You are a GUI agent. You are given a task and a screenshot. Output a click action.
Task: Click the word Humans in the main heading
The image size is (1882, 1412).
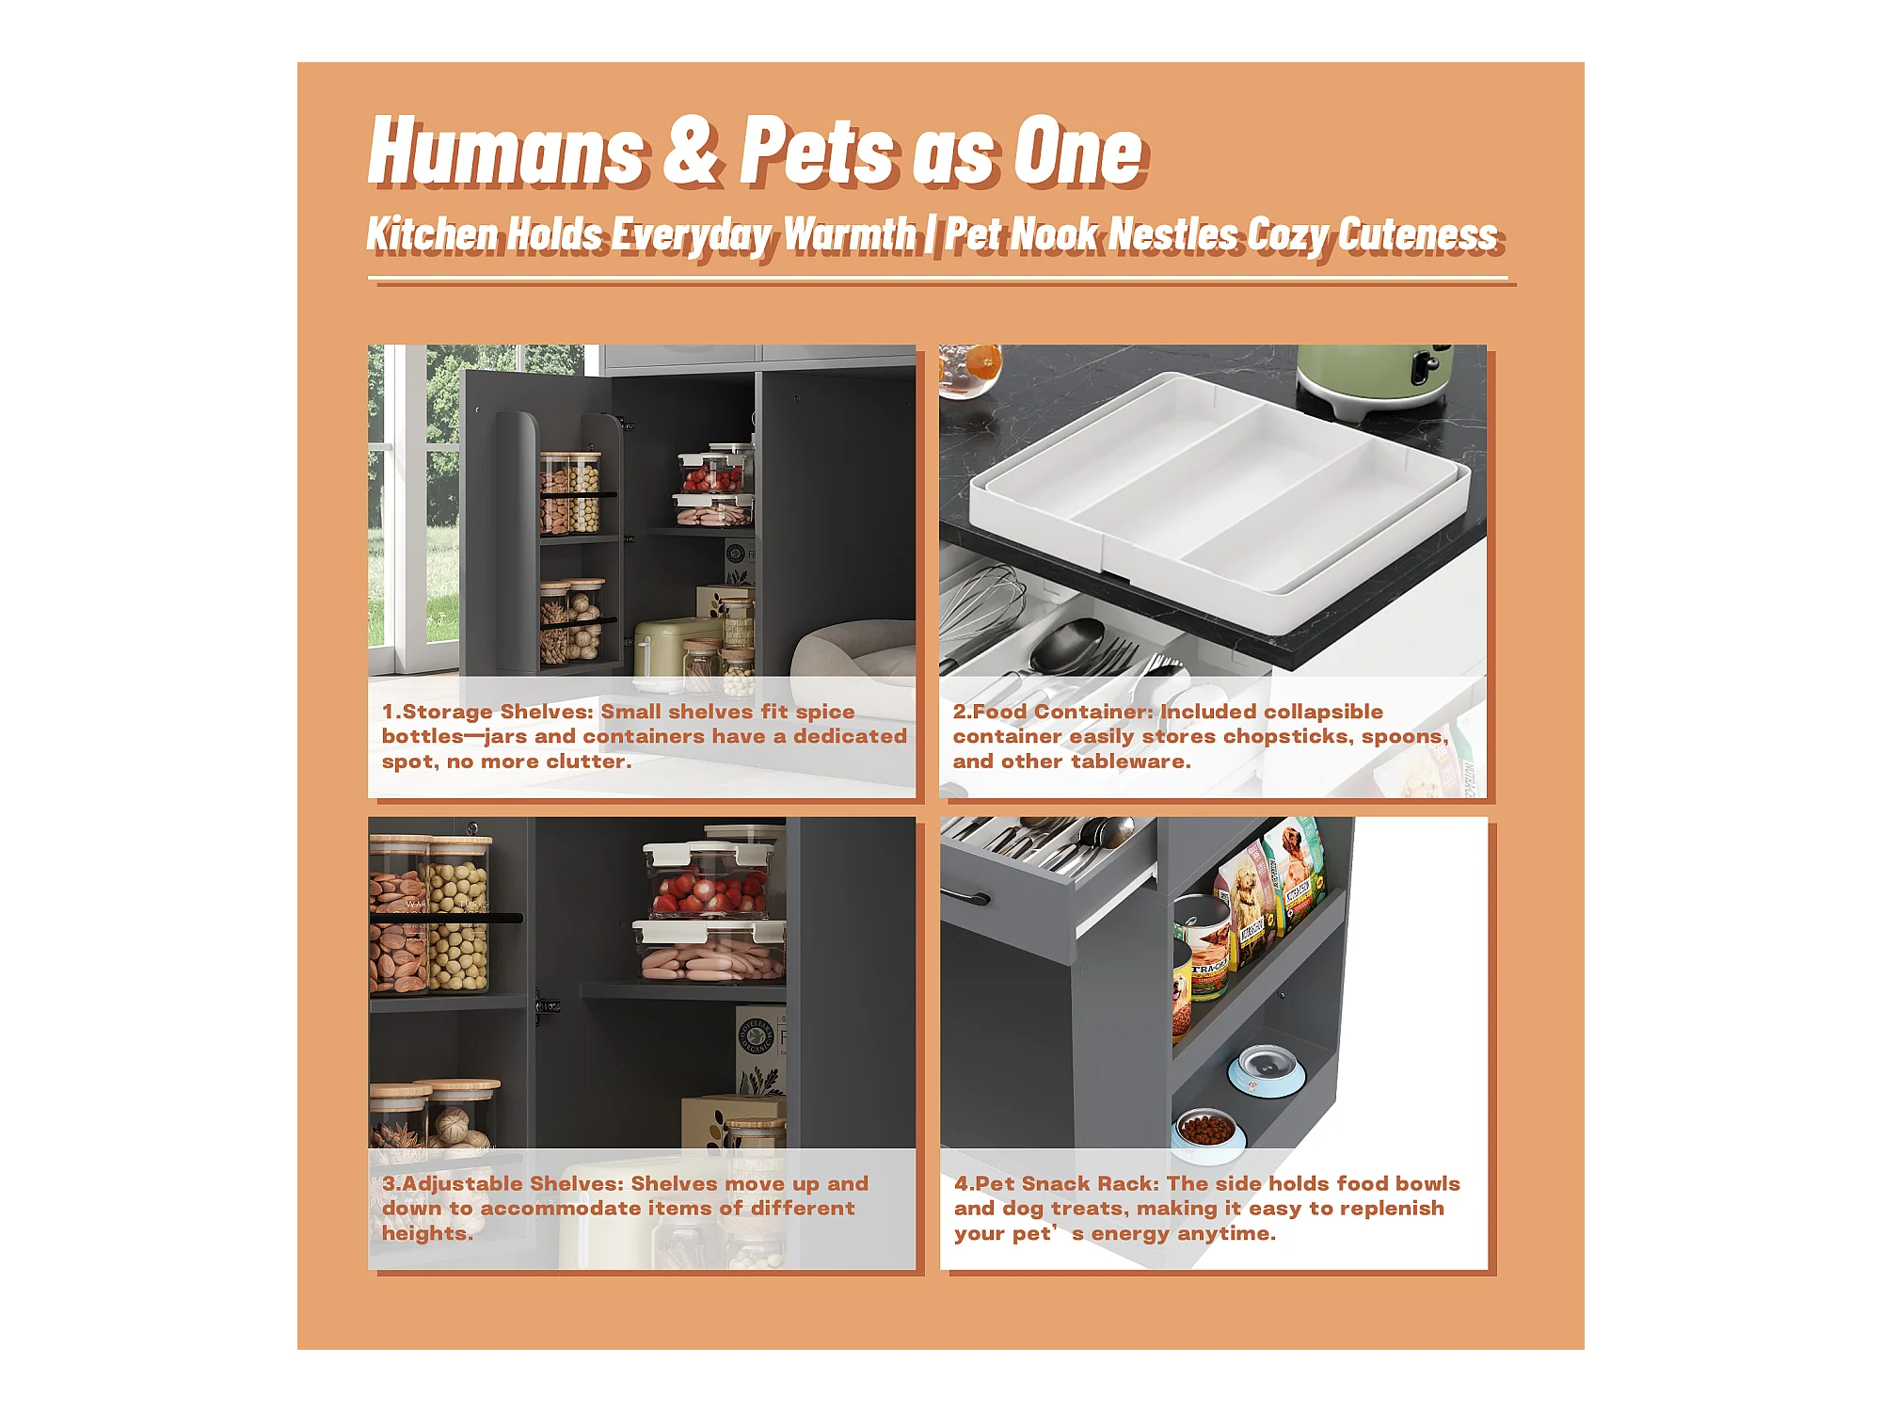point(506,151)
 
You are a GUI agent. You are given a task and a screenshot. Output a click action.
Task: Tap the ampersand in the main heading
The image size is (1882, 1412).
point(693,151)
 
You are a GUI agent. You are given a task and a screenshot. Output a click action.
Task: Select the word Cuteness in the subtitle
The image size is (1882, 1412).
point(1417,233)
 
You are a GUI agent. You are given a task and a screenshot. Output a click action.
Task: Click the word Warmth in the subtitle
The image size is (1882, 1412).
point(850,233)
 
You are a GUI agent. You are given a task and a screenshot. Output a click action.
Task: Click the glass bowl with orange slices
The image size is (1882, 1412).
point(969,371)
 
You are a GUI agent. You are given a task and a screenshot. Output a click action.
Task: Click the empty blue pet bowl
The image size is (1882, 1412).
point(1267,1070)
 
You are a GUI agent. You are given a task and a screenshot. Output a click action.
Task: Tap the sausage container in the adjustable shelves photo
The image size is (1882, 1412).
point(710,952)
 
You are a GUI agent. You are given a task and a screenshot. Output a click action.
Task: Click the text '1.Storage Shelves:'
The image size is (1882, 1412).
point(487,712)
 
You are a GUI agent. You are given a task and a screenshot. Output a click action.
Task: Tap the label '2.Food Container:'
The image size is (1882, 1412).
point(1053,712)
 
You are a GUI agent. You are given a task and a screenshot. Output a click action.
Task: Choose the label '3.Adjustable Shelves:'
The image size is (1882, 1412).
point(503,1183)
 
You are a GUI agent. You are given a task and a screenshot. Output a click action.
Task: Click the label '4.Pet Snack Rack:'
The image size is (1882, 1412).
point(1057,1183)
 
